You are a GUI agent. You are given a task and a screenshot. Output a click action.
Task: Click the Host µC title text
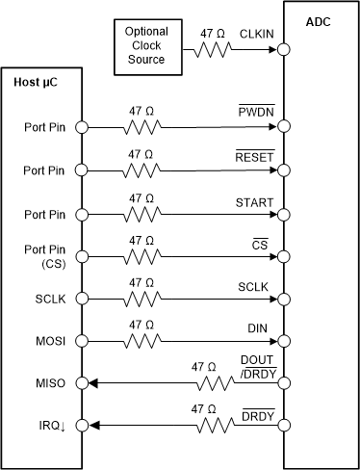[36, 82]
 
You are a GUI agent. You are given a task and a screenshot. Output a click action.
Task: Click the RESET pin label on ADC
[254, 155]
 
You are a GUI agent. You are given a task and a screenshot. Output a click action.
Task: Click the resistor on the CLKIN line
[214, 51]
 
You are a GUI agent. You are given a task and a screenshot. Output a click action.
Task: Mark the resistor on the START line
[142, 213]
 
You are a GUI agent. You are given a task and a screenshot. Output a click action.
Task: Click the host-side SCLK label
[33, 299]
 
